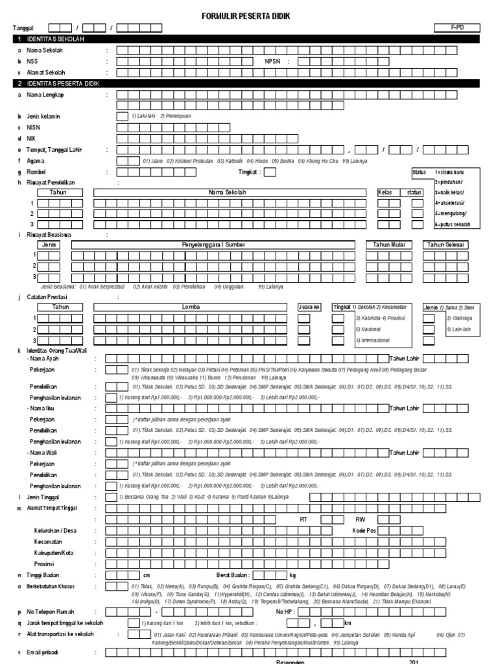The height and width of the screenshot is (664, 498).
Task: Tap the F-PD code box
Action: pos(456,27)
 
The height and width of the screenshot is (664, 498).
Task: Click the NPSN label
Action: pos(274,61)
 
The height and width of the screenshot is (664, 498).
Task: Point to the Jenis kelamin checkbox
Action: pos(122,117)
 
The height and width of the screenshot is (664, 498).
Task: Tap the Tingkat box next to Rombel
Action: pos(270,172)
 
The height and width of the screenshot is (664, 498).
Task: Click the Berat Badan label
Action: pos(233,575)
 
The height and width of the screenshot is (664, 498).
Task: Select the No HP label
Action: pos(285,611)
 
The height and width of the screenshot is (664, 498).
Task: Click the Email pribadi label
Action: pos(43,652)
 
